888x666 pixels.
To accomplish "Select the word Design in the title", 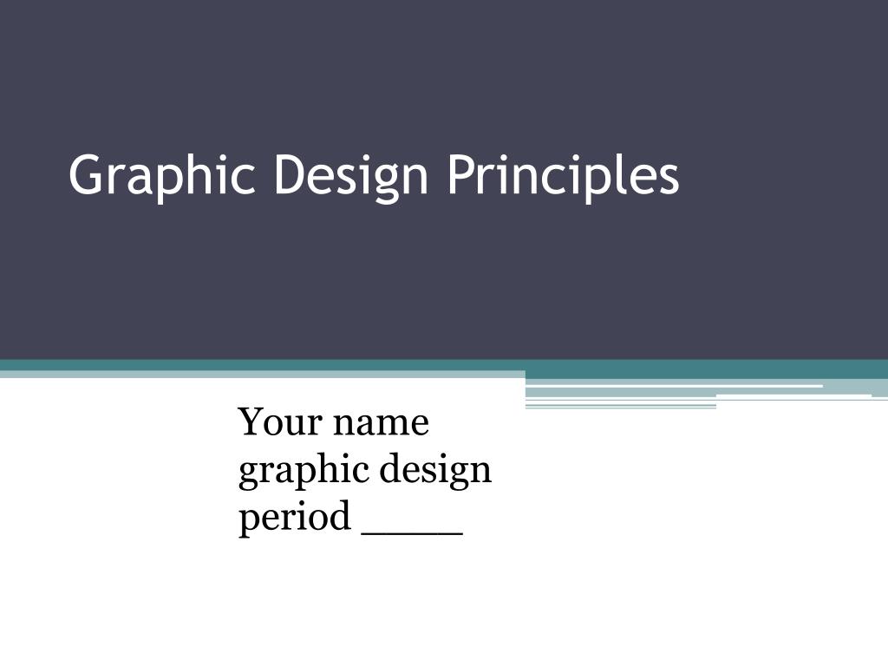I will click(351, 176).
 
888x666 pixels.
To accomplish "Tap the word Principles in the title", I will click(563, 176).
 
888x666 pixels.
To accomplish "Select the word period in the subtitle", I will click(294, 519).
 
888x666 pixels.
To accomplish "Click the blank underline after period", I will click(411, 530).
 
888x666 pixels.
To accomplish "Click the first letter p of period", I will click(248, 522).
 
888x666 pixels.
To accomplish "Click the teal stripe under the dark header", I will click(260, 365).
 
